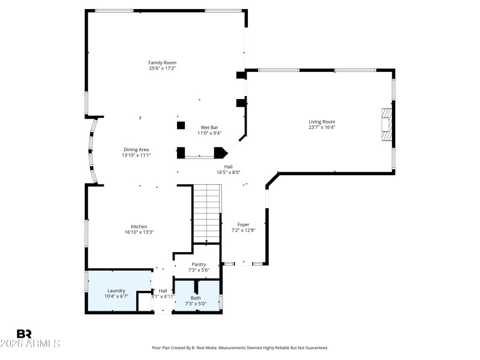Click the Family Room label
[163, 62]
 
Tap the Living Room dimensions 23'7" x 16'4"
[322, 127]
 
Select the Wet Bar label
[209, 127]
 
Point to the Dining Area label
[136, 149]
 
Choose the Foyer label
[243, 224]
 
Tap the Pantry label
[199, 264]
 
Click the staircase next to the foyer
[206, 213]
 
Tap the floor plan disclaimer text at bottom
[240, 347]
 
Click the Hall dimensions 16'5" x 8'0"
[228, 172]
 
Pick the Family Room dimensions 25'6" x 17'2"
[163, 68]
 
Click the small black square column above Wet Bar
[180, 125]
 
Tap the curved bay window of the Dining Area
[92, 150]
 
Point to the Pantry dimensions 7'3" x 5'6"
[199, 270]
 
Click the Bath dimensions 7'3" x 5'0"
[196, 303]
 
